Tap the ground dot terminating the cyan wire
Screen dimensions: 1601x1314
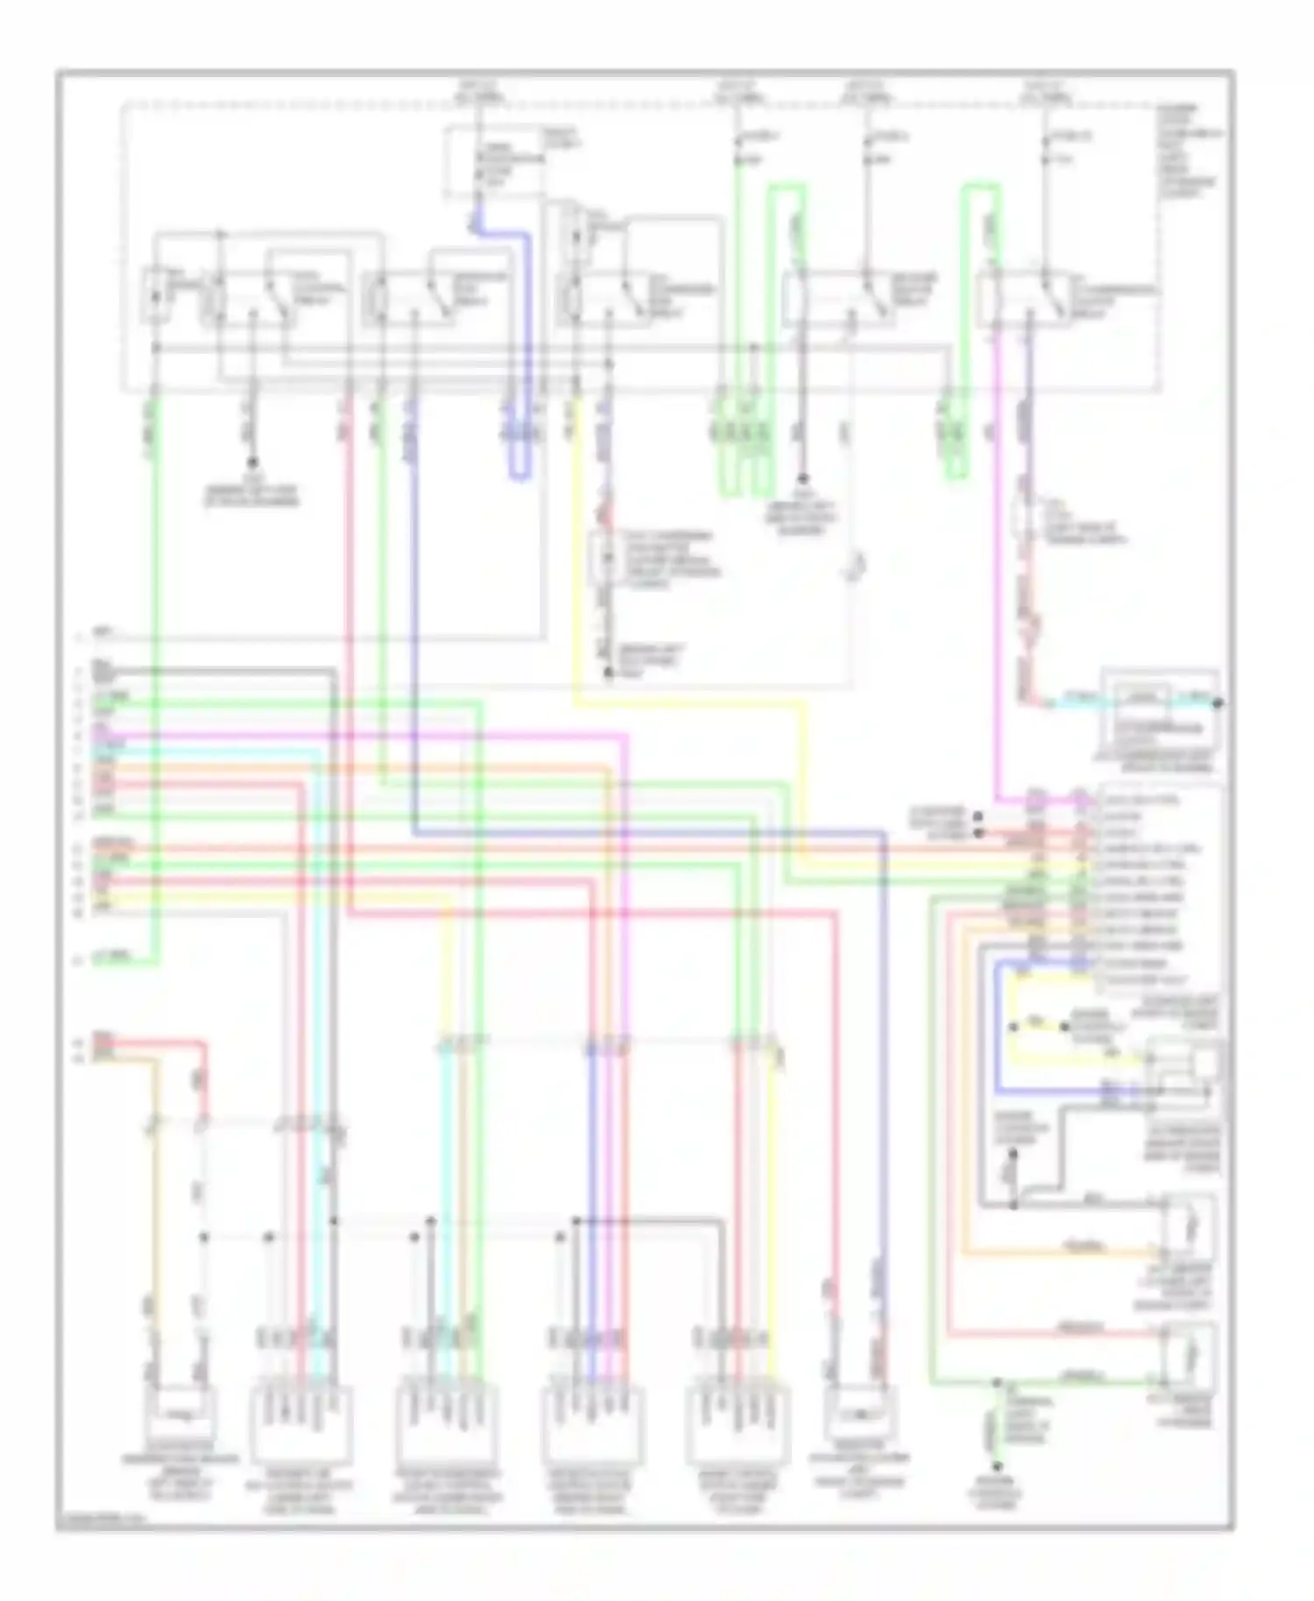(1217, 702)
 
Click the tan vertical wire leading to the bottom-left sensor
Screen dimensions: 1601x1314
(154, 1226)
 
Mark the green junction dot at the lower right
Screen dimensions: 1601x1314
(996, 1381)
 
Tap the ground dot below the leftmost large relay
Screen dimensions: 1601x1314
(253, 462)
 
